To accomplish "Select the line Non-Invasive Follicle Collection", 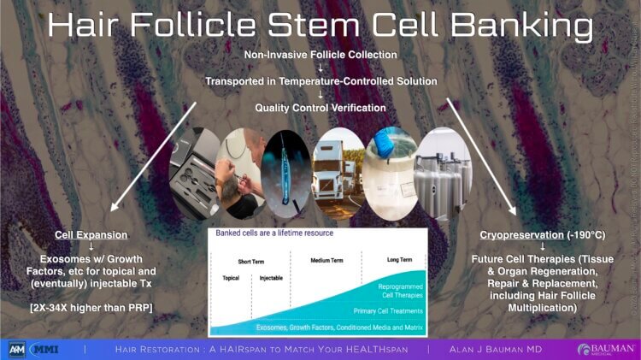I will point(320,55).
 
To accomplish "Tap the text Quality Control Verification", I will point(320,108).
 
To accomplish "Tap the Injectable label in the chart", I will point(269,278).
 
